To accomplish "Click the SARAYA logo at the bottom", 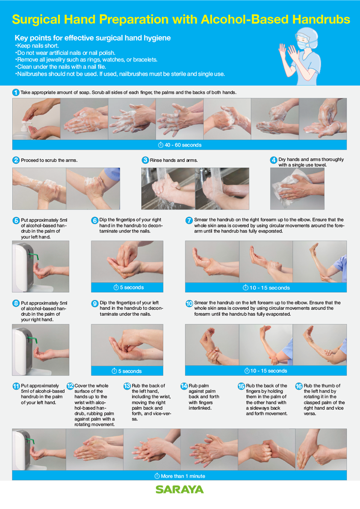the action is click(x=180, y=489).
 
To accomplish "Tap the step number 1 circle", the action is click(x=16, y=92).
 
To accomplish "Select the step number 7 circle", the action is click(x=189, y=221).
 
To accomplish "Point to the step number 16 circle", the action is click(x=299, y=386).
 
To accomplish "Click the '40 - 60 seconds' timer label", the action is click(x=180, y=145).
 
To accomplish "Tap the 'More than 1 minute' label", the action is click(x=180, y=476).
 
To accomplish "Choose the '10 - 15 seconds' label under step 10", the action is click(x=266, y=371).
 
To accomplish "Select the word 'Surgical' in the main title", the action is click(x=36, y=20).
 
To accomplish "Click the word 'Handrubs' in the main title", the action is click(x=321, y=19).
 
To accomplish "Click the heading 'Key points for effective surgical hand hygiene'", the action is click(x=93, y=38).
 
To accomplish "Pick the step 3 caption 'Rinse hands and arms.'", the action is click(x=174, y=160).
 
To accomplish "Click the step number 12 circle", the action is click(x=70, y=386).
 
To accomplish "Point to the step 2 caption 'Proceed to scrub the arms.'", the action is click(x=49, y=160).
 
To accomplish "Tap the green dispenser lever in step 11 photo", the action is click(x=31, y=441).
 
